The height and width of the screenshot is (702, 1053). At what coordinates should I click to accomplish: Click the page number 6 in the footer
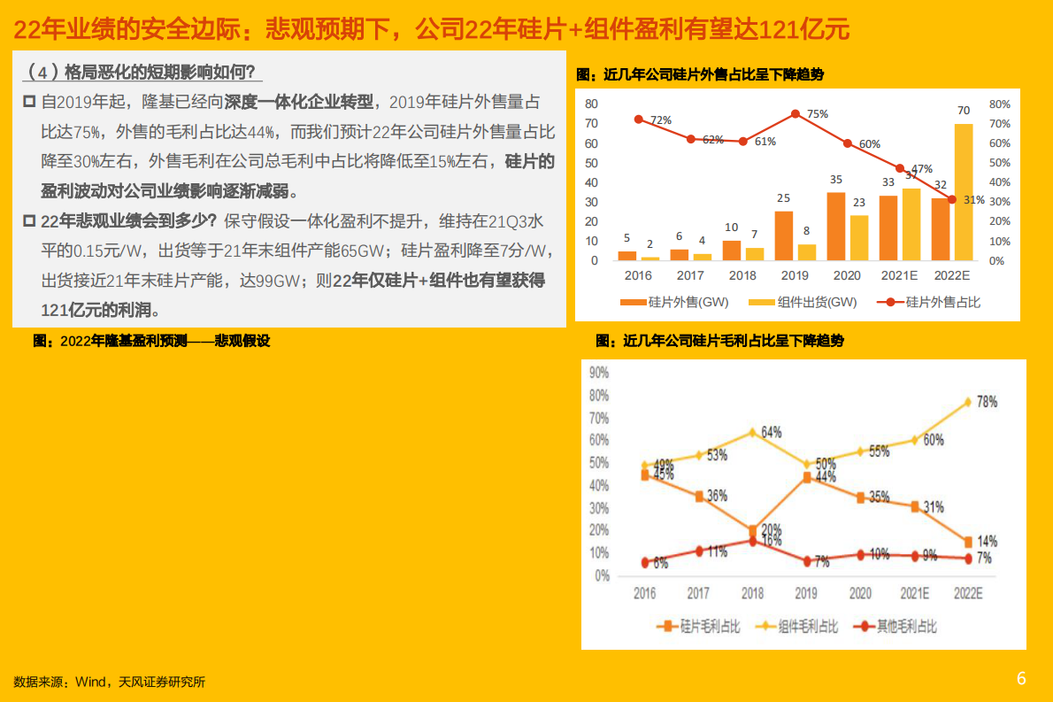[x=1021, y=679]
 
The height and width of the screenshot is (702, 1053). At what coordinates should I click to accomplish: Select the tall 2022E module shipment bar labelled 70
[x=964, y=192]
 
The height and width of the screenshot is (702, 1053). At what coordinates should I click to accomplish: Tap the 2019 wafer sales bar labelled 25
[x=784, y=235]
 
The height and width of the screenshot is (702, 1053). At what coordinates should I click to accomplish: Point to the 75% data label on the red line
[x=817, y=114]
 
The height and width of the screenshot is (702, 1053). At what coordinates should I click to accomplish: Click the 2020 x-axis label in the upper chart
[x=847, y=275]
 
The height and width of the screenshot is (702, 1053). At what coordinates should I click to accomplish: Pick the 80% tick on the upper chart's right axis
[x=1000, y=104]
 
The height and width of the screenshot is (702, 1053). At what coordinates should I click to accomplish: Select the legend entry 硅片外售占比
[x=930, y=302]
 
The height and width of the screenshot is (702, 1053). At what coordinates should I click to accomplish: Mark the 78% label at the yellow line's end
[x=987, y=401]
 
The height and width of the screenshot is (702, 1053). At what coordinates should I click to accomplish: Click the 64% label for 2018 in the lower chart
[x=772, y=432]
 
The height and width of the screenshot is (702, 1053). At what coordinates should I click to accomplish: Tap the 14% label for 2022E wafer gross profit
[x=987, y=541]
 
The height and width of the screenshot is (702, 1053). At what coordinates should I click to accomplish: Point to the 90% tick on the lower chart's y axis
[x=598, y=372]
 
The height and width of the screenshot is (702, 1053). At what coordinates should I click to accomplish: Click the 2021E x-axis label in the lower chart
[x=912, y=594]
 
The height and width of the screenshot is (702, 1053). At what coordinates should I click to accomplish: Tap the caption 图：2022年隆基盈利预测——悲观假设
[x=151, y=341]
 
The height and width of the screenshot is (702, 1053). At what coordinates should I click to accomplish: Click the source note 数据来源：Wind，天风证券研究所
[x=110, y=682]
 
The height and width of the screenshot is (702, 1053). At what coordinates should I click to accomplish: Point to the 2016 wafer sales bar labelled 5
[x=626, y=256]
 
